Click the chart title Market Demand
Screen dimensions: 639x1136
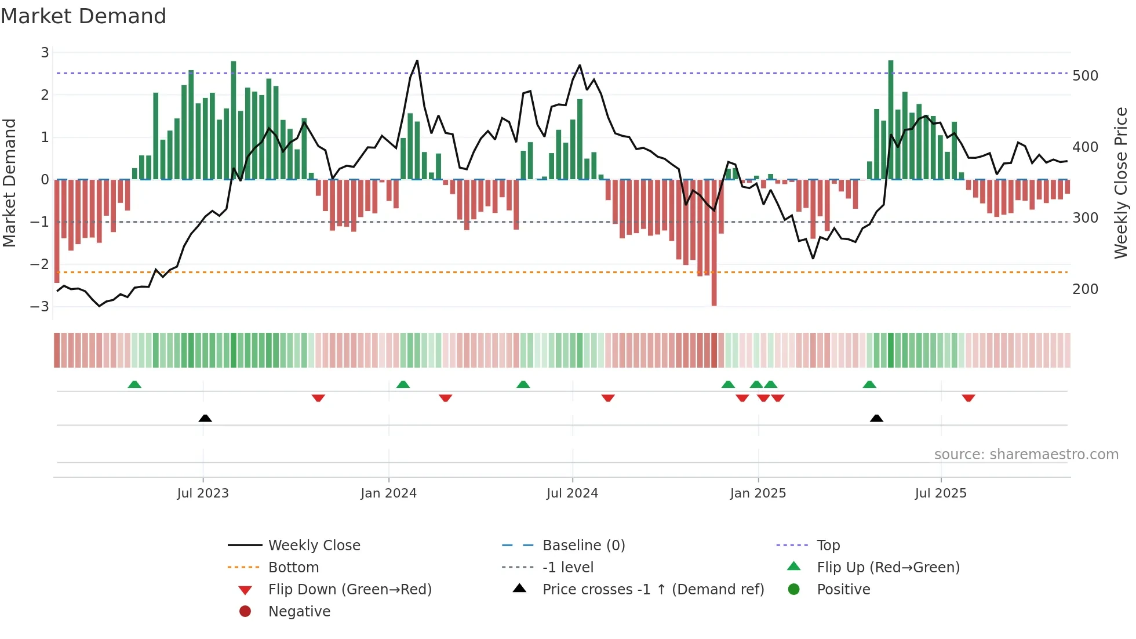point(83,16)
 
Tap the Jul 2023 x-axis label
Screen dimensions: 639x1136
point(203,493)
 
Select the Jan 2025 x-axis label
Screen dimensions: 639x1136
point(758,493)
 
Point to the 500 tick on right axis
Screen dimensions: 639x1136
point(1085,76)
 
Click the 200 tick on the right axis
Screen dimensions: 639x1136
point(1085,289)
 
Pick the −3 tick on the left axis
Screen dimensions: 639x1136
point(39,306)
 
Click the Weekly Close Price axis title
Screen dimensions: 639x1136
point(1121,183)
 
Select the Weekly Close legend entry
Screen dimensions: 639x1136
point(314,545)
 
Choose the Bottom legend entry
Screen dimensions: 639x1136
point(293,567)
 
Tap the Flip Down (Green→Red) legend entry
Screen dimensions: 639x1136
point(349,589)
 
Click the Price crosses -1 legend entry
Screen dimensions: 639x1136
point(653,589)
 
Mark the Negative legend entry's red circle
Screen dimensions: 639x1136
point(245,611)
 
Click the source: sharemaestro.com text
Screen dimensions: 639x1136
point(1026,455)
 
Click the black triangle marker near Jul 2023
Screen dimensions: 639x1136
point(205,418)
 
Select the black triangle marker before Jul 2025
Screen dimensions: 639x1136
point(876,418)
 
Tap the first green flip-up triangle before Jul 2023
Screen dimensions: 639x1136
point(134,384)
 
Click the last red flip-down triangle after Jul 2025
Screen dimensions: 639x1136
point(968,398)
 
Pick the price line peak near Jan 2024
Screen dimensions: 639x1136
point(417,61)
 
